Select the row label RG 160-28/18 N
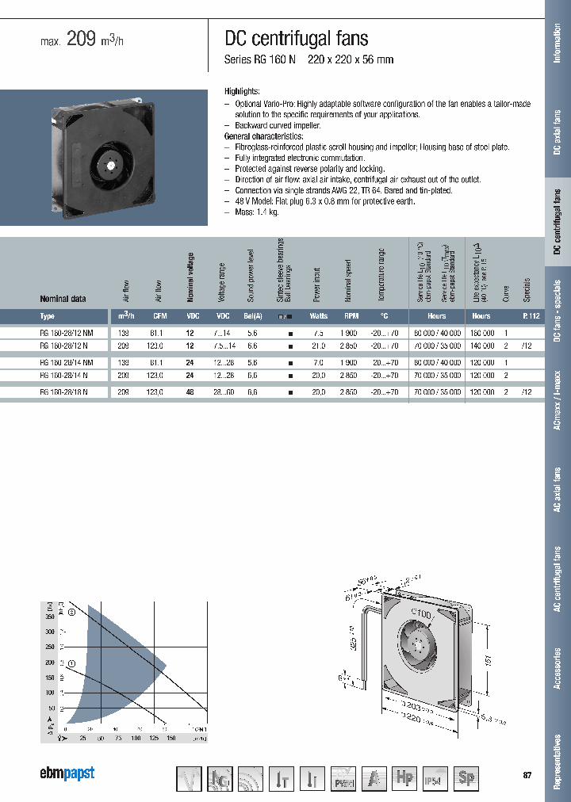point(63,392)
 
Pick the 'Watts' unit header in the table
point(319,315)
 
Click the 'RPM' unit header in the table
point(352,315)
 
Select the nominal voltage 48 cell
point(190,392)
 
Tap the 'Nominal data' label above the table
point(63,299)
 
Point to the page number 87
point(527,774)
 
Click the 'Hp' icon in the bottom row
point(404,779)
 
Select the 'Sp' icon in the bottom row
point(466,779)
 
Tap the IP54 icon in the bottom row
point(435,779)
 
